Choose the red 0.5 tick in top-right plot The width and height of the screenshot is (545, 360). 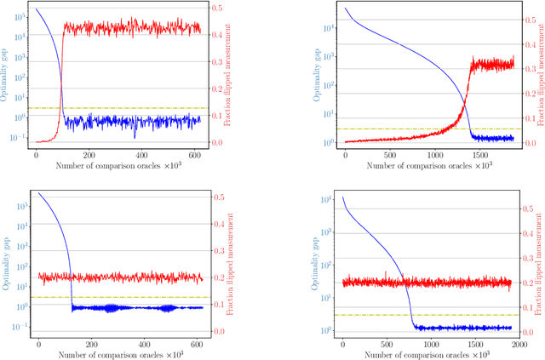[x=528, y=9]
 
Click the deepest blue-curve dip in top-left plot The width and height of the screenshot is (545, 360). [x=134, y=136]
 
